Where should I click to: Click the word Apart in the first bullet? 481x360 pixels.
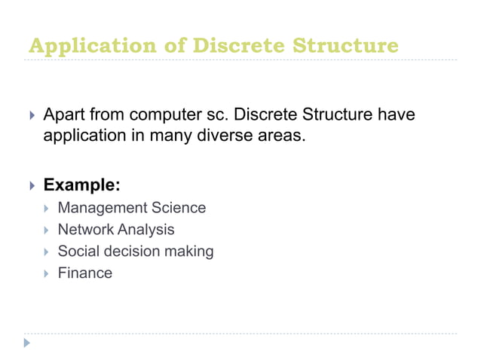(63, 117)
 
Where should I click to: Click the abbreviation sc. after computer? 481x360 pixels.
(215, 117)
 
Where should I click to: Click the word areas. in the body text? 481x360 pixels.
(283, 138)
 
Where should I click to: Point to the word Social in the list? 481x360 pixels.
(78, 252)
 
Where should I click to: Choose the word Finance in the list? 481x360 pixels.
(84, 273)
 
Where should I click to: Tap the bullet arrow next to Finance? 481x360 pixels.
(45, 273)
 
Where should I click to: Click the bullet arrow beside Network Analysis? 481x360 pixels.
(45, 230)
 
